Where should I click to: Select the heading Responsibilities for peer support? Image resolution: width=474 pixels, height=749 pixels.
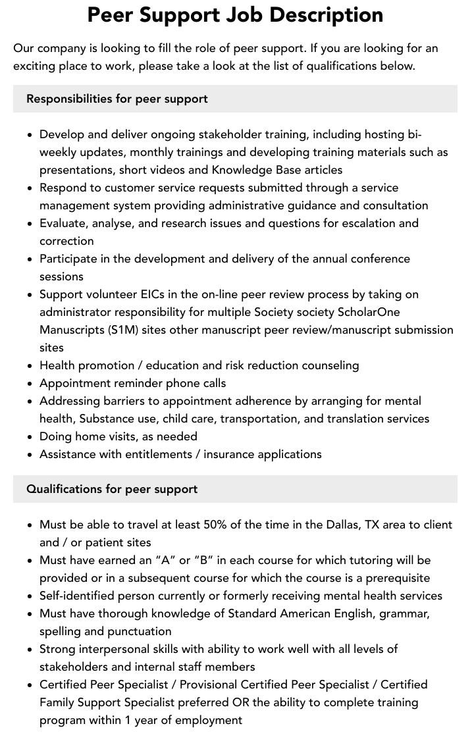tap(117, 99)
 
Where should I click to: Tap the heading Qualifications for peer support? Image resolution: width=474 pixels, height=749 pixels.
tap(112, 489)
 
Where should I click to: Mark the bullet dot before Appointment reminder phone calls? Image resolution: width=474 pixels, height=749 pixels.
tap(30, 384)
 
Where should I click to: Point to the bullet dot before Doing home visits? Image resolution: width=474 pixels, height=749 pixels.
tap(30, 437)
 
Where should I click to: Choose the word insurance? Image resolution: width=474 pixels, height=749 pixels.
tap(232, 454)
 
